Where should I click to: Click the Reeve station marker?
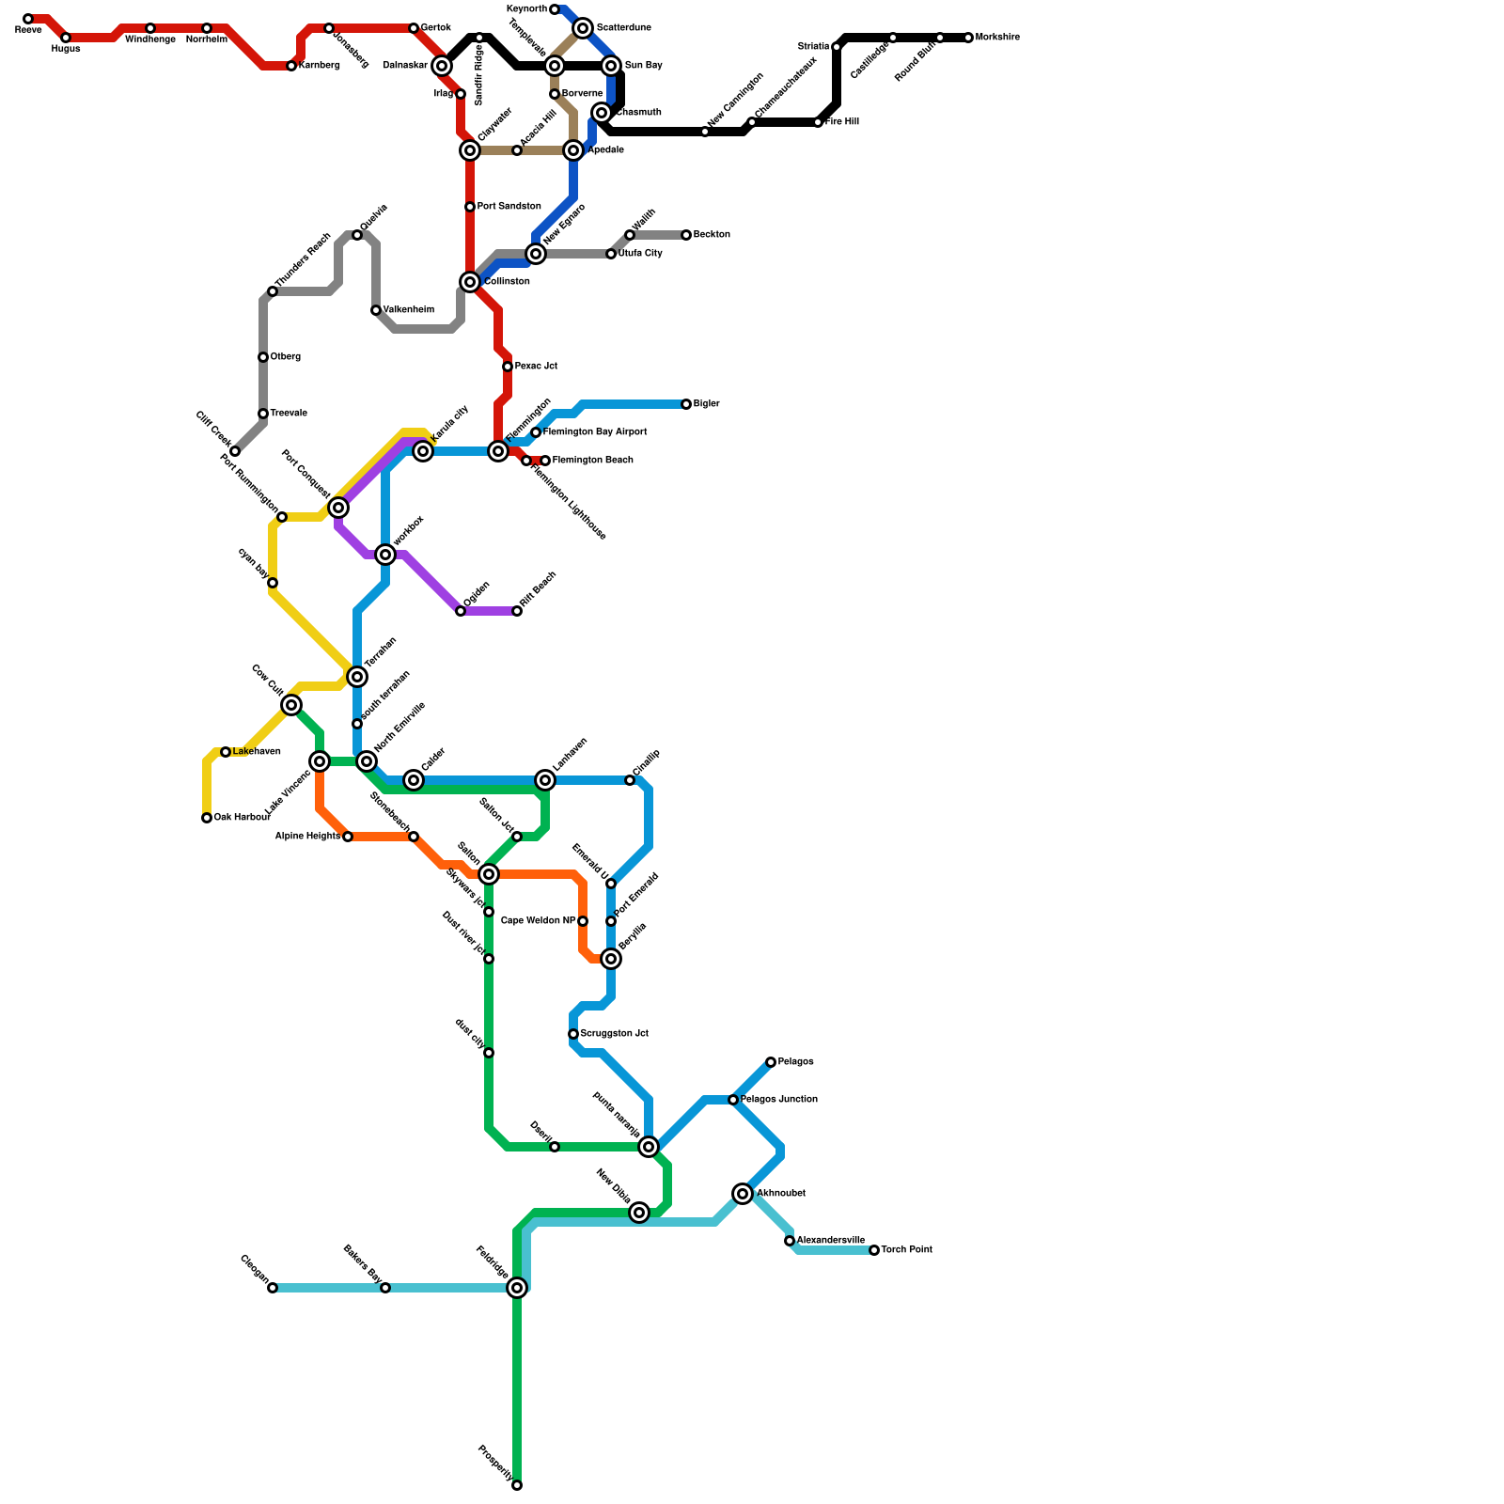28,19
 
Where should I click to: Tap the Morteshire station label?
997,38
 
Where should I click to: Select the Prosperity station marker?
517,1485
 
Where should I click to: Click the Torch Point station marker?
874,1250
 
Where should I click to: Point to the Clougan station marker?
273,1288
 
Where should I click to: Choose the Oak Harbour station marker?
207,818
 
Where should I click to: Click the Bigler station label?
706,404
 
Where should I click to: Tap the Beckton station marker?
686,235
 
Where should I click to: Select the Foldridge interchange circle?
517,1288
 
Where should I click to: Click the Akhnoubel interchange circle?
744,1194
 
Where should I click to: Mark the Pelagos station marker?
771,1062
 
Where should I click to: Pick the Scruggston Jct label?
614,1034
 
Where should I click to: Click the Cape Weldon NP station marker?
583,921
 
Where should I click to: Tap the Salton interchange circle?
489,874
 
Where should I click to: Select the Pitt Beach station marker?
517,611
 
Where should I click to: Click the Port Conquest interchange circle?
338,508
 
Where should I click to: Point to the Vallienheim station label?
408,310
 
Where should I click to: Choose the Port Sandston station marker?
470,207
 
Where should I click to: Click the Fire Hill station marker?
818,122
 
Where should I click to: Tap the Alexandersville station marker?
790,1241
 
